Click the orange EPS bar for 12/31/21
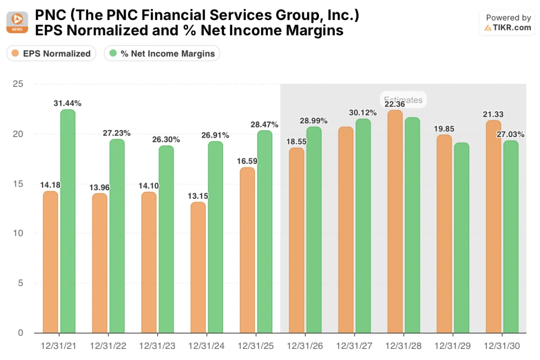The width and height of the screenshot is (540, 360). [51, 262]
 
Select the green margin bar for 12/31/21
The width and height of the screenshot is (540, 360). [67, 221]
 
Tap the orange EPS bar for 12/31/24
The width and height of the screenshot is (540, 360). [198, 267]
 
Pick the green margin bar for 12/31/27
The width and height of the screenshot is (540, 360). [363, 226]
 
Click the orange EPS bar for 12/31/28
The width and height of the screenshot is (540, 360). [395, 222]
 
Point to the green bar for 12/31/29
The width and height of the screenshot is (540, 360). [461, 238]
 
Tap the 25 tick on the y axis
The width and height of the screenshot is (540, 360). [18, 84]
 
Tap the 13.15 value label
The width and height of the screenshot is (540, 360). [198, 196]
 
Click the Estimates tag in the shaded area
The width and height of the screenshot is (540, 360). [403, 99]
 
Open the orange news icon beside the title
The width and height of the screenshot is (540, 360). [17, 23]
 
